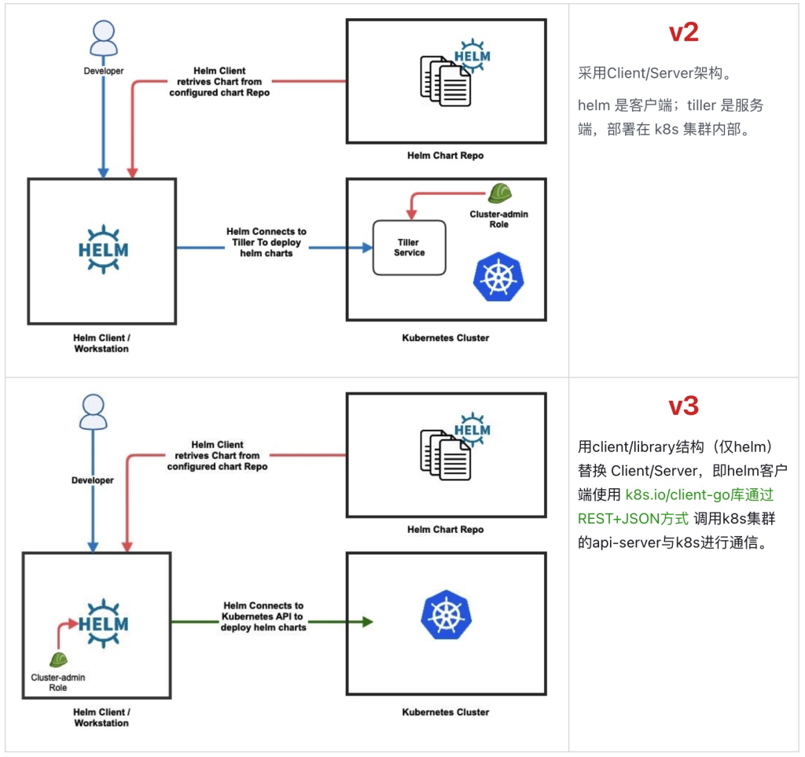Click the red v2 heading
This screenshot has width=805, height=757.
tap(683, 32)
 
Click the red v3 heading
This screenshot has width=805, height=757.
tap(683, 406)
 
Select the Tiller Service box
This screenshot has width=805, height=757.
tap(409, 248)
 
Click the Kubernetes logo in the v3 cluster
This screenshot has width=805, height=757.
tap(446, 613)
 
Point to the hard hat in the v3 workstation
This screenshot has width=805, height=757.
tap(58, 660)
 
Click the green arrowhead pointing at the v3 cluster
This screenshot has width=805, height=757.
tap(366, 622)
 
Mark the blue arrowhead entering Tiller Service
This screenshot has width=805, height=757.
tap(366, 248)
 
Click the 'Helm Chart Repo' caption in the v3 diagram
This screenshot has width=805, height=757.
tap(445, 529)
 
